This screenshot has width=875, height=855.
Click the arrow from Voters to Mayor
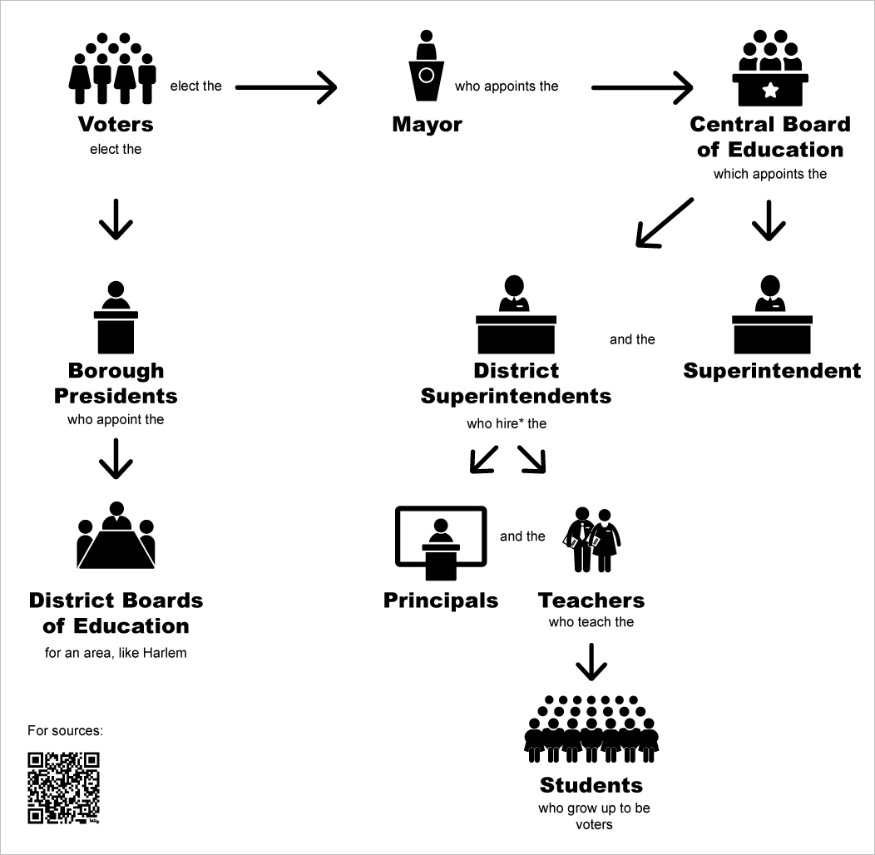coord(286,86)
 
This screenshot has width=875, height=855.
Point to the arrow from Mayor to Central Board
coord(641,86)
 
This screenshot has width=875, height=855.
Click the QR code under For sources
coord(63,788)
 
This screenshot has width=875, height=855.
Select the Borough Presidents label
coord(116,383)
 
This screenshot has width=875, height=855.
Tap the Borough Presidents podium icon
coord(116,317)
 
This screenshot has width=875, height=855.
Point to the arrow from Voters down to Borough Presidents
coord(116,220)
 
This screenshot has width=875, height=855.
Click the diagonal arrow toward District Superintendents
coord(664,223)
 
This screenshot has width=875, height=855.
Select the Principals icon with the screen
coord(440,542)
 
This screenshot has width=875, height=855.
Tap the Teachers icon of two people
coord(592,541)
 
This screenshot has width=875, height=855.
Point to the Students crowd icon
coord(591,729)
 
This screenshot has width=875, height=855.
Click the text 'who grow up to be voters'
coord(594,816)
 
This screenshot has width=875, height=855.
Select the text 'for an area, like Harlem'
coord(116,653)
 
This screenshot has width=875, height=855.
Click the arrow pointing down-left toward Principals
coord(483,459)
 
